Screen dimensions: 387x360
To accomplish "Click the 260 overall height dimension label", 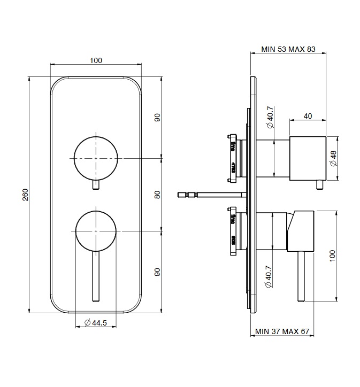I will pyautogui.click(x=25, y=195).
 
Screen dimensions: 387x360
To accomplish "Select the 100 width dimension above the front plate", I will pyautogui.click(x=96, y=60).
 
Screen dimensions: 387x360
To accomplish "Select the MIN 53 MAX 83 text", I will pyautogui.click(x=288, y=49).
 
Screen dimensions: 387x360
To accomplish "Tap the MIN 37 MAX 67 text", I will pyautogui.click(x=282, y=332).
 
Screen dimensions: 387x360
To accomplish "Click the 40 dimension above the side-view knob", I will pyautogui.click(x=308, y=116).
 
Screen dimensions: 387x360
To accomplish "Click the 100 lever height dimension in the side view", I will pyautogui.click(x=333, y=255).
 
